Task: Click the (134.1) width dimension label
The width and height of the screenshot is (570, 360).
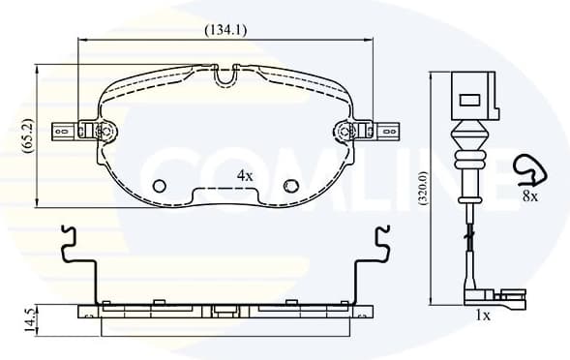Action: [x=225, y=30]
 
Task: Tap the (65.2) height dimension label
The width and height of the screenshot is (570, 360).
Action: [x=28, y=136]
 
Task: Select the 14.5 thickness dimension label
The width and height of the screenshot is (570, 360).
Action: [x=29, y=320]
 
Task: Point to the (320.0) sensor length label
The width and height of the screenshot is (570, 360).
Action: [x=425, y=188]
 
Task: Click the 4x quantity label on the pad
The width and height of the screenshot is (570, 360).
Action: [x=245, y=176]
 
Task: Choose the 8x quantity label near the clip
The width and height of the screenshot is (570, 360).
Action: [x=530, y=196]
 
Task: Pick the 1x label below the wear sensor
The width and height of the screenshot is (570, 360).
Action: [x=483, y=315]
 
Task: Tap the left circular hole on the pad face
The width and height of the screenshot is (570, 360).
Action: [x=160, y=186]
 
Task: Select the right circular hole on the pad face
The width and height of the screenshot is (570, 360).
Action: [x=291, y=186]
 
